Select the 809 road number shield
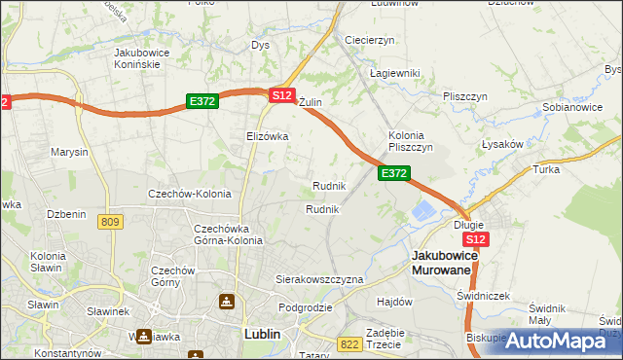tap(110, 223)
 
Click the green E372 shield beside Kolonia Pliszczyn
tap(393, 173)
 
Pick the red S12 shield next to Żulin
tap(281, 95)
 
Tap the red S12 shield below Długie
tap(475, 239)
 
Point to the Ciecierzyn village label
tap(369, 40)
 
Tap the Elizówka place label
tap(267, 137)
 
